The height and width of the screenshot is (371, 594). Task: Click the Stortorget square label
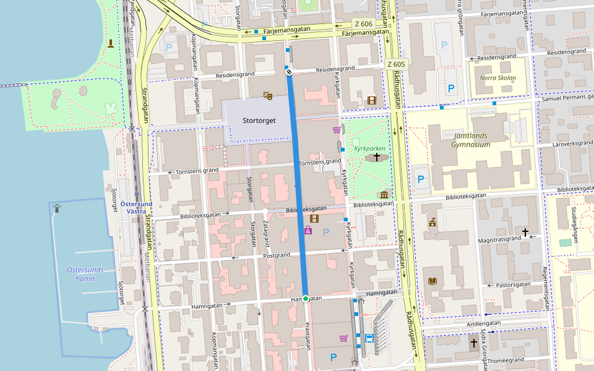(259, 121)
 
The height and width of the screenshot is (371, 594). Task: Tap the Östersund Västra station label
(137, 207)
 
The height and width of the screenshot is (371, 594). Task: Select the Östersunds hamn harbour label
(85, 274)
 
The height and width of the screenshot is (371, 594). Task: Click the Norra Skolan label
(497, 78)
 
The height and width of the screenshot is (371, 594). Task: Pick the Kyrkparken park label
(369, 148)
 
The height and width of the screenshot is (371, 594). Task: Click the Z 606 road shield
(363, 23)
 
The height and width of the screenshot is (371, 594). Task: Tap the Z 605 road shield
(396, 64)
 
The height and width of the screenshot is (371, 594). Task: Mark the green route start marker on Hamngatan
(306, 299)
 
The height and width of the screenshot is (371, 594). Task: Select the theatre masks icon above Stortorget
(267, 95)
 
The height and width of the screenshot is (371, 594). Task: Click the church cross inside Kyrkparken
(376, 158)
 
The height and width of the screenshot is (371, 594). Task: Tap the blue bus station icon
(369, 338)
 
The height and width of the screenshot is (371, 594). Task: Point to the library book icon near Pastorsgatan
(433, 281)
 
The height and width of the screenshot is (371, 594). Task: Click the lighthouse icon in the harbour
(57, 208)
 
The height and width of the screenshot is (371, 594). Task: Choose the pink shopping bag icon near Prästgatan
(308, 231)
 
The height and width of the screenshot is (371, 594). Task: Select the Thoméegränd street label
(505, 359)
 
